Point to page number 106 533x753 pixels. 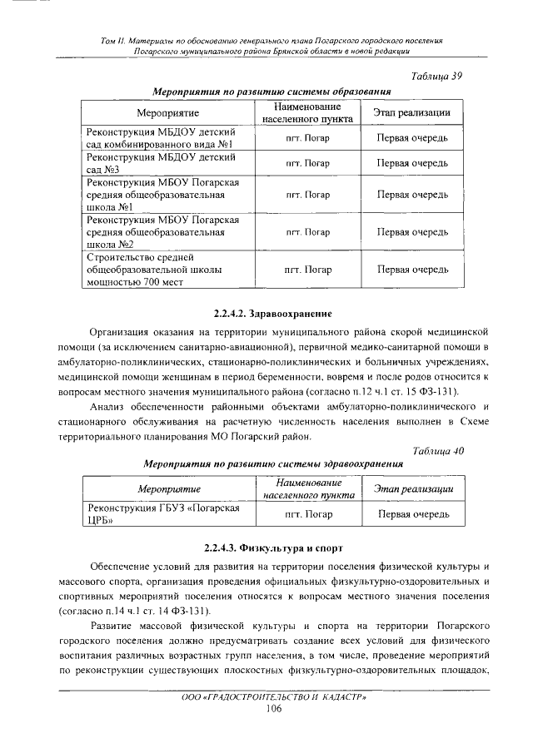274,708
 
